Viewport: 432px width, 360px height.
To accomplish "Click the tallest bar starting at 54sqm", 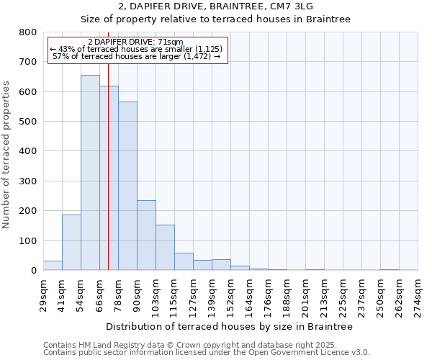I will [x=90, y=173].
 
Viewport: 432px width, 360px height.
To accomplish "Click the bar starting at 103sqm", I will [x=165, y=248].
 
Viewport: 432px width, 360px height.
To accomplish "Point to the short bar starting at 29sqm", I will [x=53, y=266].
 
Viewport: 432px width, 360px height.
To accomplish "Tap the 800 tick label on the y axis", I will [x=28, y=32].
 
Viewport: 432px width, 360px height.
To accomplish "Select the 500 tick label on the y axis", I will [x=28, y=122].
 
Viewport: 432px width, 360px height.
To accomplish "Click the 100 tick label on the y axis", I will [x=28, y=240].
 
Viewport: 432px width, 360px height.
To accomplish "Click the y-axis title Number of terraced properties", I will [x=6, y=154].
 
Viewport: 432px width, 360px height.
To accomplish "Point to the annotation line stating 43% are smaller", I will [x=137, y=49].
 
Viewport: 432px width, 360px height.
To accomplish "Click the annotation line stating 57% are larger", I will [x=137, y=56].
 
